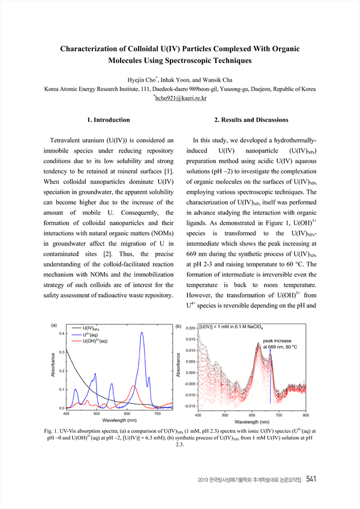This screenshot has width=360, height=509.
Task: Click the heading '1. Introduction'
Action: (x=109, y=120)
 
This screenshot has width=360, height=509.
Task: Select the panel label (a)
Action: (x=54, y=326)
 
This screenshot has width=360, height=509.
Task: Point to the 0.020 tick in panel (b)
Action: (x=189, y=329)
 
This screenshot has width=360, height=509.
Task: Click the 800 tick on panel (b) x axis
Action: (x=305, y=415)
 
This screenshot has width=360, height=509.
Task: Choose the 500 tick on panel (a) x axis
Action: (x=97, y=414)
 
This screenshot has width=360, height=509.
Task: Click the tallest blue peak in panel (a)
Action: (x=142, y=333)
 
